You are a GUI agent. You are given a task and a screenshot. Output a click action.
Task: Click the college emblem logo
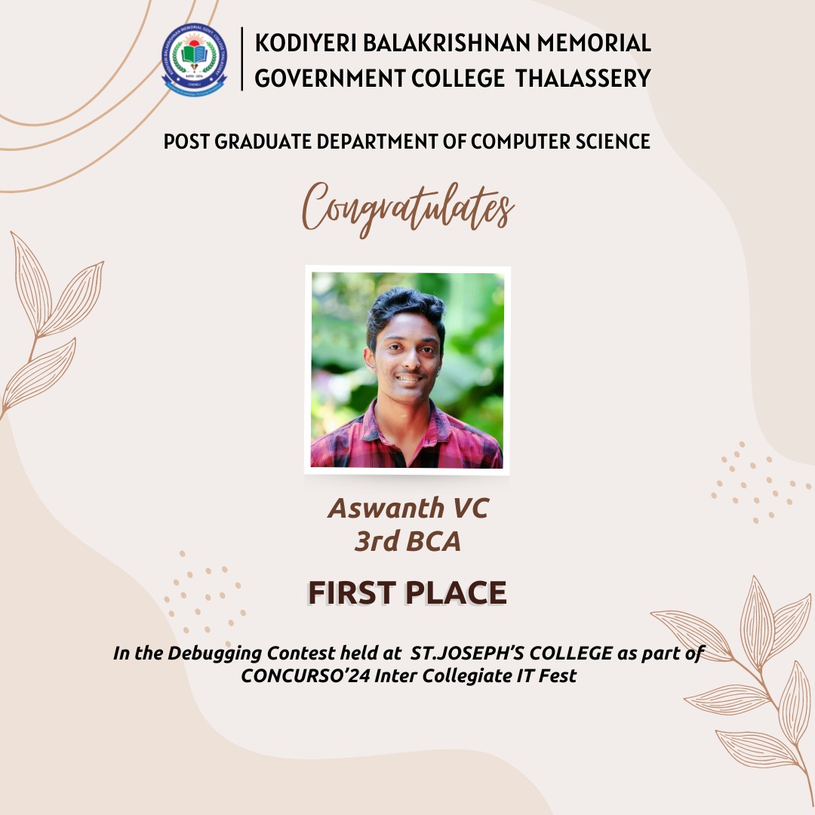[194, 60]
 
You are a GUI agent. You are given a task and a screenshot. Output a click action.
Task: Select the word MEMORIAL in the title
[594, 42]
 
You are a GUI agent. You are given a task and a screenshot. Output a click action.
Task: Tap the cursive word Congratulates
[408, 208]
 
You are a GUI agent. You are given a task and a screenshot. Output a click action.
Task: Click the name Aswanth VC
[408, 508]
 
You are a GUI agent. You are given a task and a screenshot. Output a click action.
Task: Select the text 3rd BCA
[407, 541]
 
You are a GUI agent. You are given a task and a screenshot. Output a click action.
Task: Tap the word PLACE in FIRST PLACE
[456, 593]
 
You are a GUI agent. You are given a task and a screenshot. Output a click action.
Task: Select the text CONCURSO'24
[305, 675]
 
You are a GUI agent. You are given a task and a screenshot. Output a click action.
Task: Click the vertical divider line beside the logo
[242, 59]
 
